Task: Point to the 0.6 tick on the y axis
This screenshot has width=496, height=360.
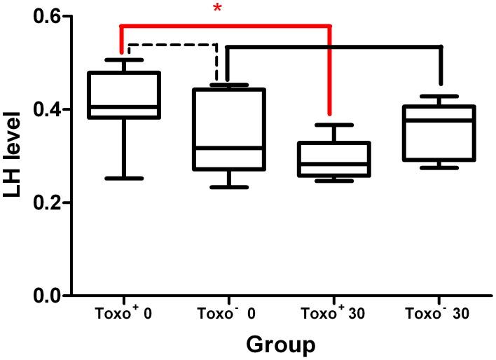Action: (43, 16)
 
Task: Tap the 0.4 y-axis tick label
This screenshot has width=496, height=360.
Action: (43, 109)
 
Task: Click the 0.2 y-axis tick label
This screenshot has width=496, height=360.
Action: (43, 203)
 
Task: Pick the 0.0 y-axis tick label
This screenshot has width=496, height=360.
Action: (43, 296)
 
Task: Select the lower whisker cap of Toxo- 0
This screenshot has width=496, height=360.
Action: (229, 187)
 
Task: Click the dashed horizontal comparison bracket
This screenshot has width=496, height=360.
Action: (172, 45)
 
